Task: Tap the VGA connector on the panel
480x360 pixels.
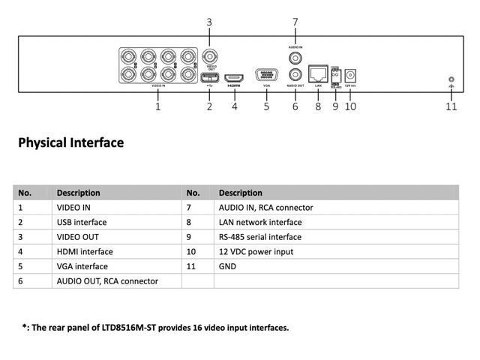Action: pos(266,75)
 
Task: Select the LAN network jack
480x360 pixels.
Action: pos(318,75)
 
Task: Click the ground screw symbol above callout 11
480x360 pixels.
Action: pos(451,80)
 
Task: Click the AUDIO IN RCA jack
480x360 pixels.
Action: pos(295,57)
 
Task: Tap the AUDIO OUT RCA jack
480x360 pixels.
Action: pos(295,75)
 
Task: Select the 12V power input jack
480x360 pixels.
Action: pos(349,76)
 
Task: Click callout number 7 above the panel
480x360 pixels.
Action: pos(295,22)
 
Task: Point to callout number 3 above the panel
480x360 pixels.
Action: pos(209,22)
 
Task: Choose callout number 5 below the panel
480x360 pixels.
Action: pos(266,106)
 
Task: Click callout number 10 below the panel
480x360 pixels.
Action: pos(350,106)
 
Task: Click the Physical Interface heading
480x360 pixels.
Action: pos(70,142)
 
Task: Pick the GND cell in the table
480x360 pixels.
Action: pos(227,266)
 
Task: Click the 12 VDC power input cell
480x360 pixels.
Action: pos(256,252)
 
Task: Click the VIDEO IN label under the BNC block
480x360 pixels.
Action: pos(158,87)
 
